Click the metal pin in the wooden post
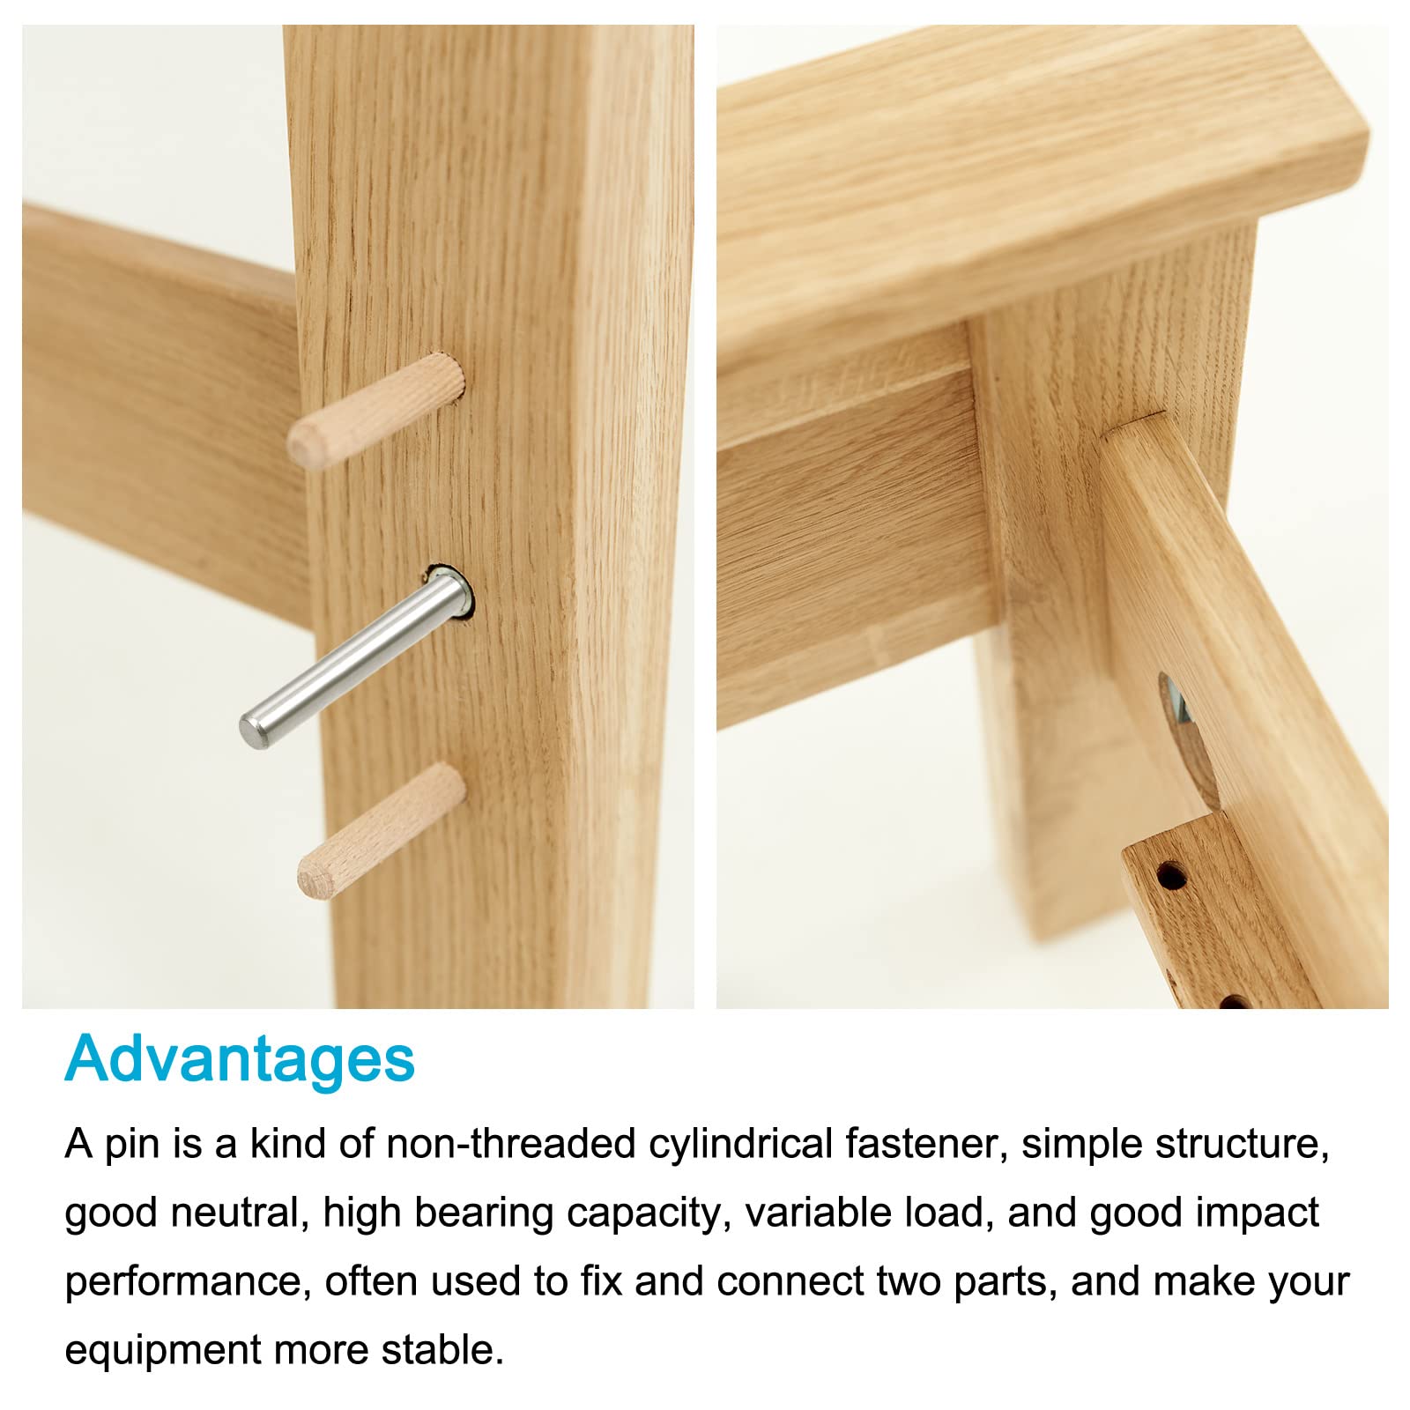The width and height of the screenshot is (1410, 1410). [357, 657]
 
